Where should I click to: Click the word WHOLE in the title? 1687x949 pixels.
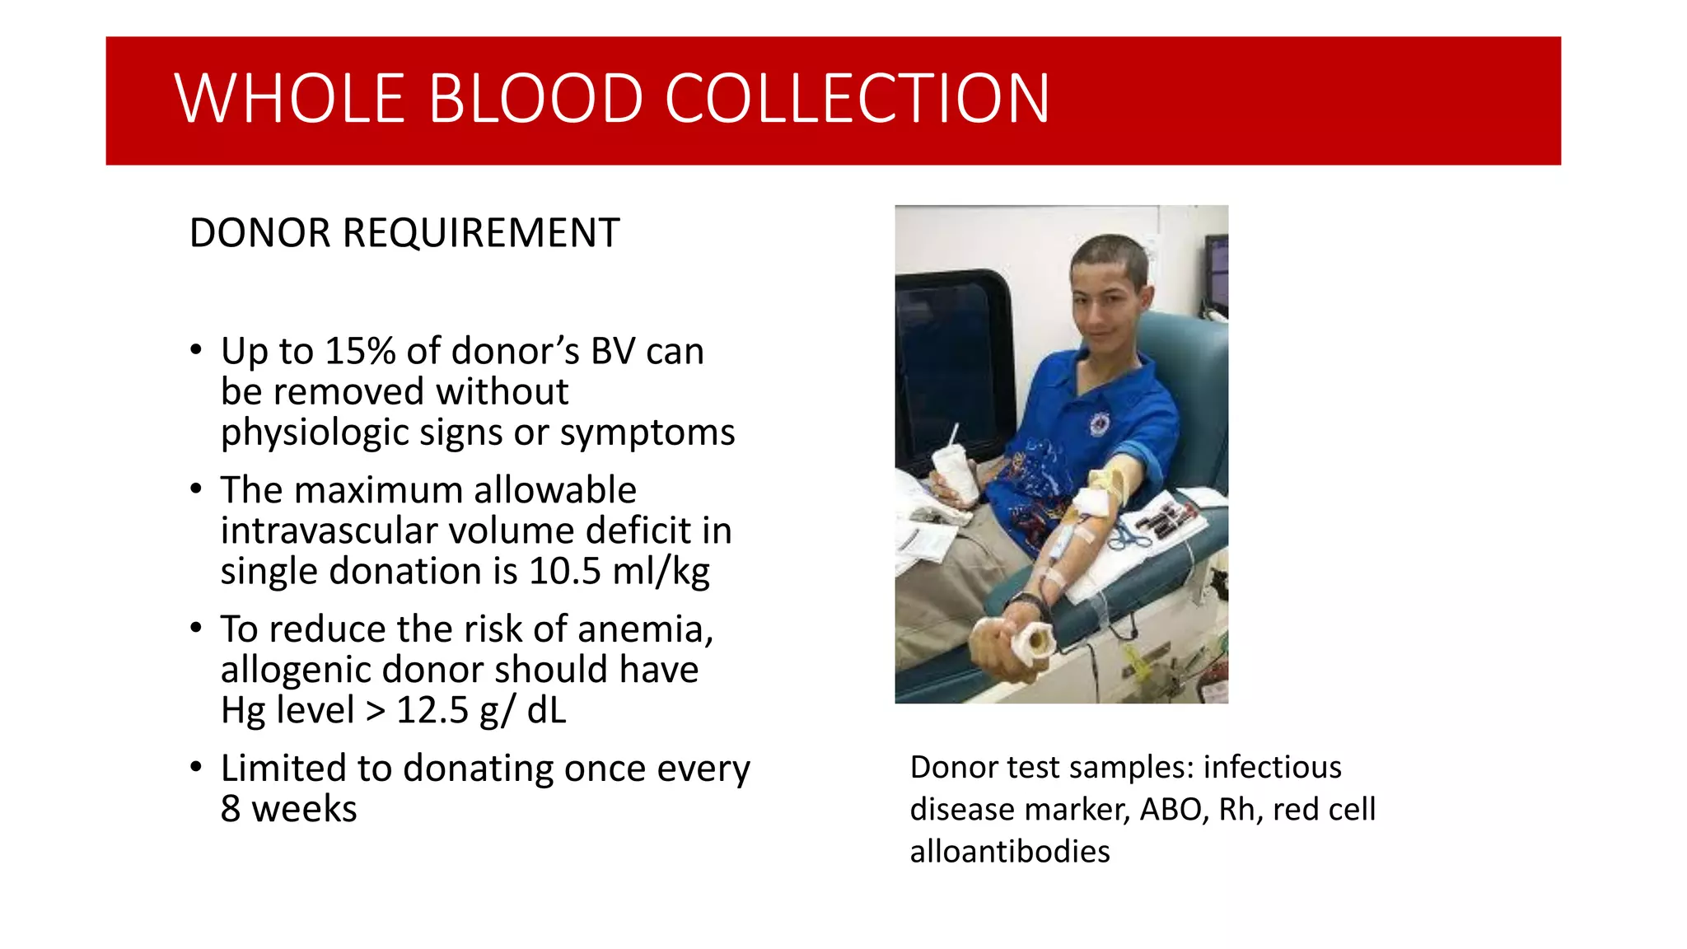point(289,99)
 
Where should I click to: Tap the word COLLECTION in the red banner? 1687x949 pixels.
point(857,99)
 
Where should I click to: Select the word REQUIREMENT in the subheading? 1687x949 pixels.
point(480,233)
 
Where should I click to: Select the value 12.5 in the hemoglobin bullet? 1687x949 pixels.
point(432,710)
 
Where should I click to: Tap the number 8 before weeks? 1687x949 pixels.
point(231,809)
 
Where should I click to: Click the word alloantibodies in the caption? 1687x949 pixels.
point(1010,852)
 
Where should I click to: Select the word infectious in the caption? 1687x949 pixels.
point(1272,768)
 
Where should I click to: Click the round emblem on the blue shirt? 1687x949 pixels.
point(1100,424)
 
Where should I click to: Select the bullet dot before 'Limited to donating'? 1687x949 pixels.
point(196,768)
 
